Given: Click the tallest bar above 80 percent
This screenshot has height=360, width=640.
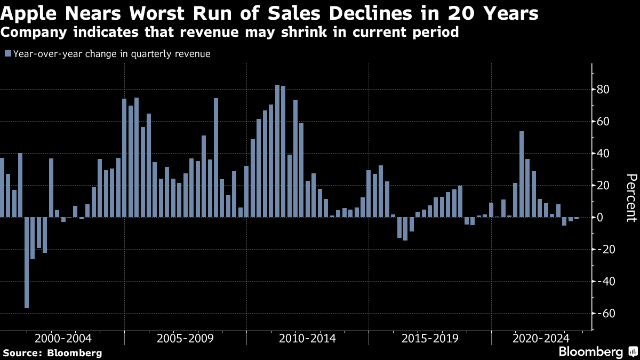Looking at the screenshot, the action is click(x=277, y=151).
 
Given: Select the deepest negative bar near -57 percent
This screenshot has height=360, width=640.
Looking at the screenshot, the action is click(x=27, y=262).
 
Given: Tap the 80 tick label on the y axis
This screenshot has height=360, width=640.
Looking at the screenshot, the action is click(x=602, y=90).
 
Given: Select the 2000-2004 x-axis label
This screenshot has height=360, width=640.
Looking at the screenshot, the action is click(x=63, y=339).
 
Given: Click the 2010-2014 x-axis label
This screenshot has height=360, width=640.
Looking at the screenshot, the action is click(x=307, y=339).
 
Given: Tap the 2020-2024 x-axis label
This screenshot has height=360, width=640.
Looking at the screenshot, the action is click(x=541, y=339).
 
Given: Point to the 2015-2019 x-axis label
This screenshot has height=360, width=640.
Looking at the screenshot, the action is click(x=430, y=339).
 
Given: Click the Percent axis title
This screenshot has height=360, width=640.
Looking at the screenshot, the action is click(x=631, y=198).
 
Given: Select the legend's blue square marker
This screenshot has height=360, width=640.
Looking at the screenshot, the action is click(x=8, y=54).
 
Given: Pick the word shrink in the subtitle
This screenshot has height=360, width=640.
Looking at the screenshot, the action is click(x=304, y=32).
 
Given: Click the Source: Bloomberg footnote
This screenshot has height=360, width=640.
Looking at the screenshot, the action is click(x=53, y=353).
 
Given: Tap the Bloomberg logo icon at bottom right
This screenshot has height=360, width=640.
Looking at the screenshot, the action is click(x=634, y=351).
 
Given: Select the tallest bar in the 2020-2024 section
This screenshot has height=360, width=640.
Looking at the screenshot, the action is click(x=522, y=174).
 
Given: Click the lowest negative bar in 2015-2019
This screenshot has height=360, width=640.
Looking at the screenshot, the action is click(x=405, y=229).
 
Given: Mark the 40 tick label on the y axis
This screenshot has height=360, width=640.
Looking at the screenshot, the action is click(x=602, y=154).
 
